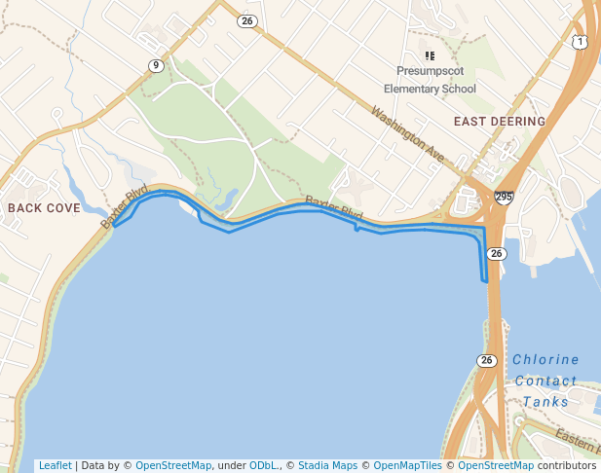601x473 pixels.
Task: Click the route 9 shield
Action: (156, 65)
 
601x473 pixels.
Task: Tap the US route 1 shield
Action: (581, 42)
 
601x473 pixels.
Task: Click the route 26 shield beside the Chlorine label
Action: (487, 360)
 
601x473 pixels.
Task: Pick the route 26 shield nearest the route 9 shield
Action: (247, 20)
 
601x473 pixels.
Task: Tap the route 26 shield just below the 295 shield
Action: (497, 253)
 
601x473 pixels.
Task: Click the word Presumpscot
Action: (430, 72)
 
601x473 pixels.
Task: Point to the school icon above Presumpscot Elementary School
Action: (430, 55)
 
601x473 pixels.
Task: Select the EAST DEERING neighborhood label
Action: (500, 122)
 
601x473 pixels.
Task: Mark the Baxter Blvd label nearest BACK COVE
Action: (124, 206)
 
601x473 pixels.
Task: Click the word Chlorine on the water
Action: (545, 359)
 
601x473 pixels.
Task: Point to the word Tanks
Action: (545, 402)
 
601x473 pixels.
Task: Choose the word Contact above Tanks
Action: (545, 381)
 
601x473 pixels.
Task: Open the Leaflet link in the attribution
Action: (55, 465)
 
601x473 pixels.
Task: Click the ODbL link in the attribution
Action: (264, 465)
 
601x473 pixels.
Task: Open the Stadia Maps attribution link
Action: (327, 465)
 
